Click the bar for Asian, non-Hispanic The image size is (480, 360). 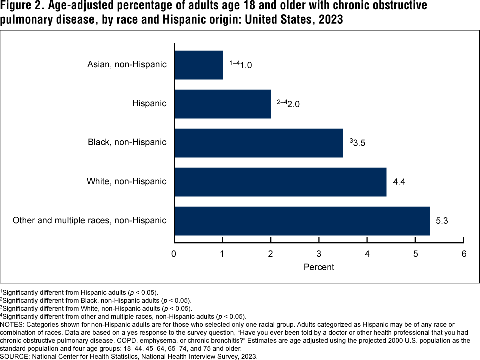click(199, 65)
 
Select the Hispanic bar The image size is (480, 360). click(223, 104)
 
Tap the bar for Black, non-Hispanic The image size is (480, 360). click(259, 143)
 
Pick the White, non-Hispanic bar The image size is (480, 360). click(280, 182)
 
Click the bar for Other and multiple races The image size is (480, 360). click(302, 221)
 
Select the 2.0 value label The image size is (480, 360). click(292, 104)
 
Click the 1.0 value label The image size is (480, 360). click(246, 65)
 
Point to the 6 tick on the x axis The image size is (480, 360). click(464, 254)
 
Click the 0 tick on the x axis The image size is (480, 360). click(174, 254)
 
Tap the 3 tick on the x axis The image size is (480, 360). click(319, 254)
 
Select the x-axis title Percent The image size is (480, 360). click(319, 267)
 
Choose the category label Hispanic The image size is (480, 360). click(149, 103)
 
